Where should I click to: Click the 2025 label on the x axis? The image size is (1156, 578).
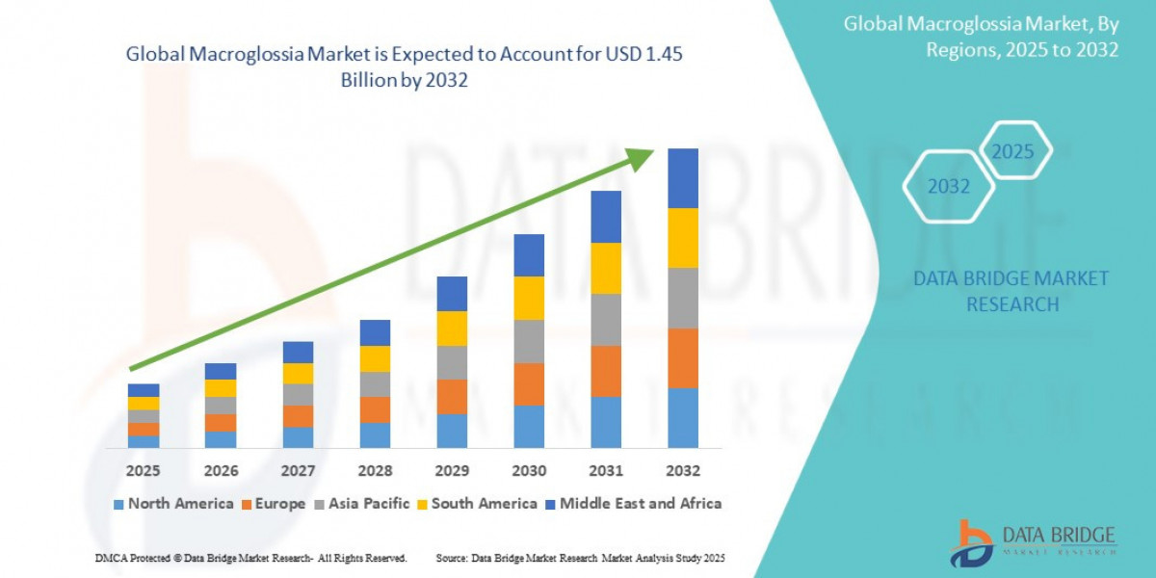(144, 471)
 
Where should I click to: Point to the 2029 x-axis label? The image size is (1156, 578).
(452, 471)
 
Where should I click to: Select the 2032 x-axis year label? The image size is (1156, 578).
(682, 471)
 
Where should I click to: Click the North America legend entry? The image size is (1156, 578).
(173, 504)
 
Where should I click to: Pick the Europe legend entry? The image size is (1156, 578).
(274, 504)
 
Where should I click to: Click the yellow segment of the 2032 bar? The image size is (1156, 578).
(682, 238)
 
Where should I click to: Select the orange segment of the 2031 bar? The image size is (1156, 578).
(606, 371)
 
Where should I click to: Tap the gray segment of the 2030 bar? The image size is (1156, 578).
(529, 341)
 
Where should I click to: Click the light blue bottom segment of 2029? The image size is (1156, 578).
(452, 431)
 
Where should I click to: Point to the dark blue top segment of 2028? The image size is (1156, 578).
(375, 332)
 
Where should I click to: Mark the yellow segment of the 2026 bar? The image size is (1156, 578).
(221, 388)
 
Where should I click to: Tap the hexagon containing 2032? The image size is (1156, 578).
(949, 186)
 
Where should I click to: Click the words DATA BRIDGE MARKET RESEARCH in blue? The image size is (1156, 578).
(1011, 291)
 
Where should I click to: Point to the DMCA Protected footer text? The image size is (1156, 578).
(250, 559)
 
